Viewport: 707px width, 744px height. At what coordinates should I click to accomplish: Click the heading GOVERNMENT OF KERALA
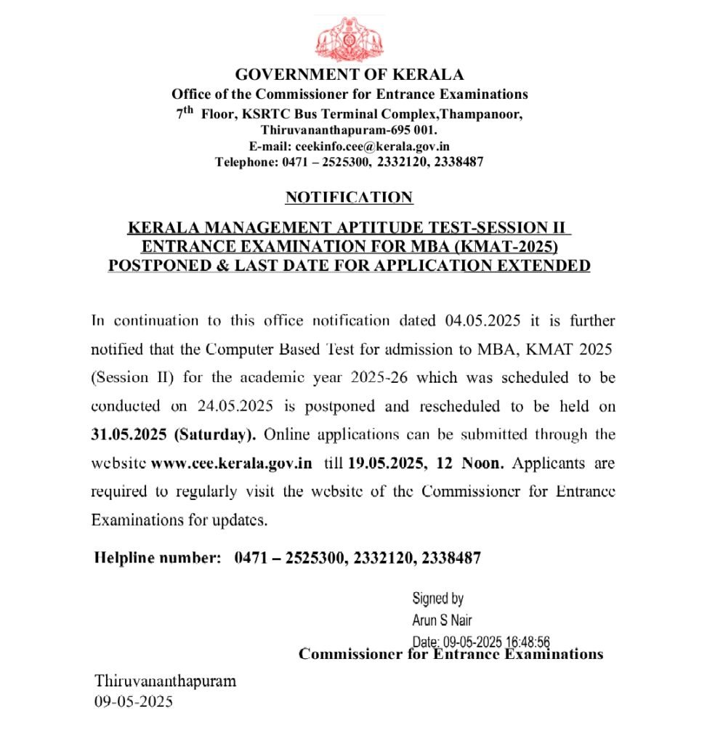350,74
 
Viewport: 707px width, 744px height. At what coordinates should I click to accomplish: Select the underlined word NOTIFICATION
349,197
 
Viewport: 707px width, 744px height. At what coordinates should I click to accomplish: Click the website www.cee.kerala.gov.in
232,463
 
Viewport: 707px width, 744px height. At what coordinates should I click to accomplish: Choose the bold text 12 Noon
471,463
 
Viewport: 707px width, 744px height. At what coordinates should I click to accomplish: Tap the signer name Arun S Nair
442,620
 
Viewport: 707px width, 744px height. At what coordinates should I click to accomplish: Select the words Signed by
437,599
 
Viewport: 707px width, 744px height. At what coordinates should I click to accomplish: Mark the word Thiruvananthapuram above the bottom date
166,682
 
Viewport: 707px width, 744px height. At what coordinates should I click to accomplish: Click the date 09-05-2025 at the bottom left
134,703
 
